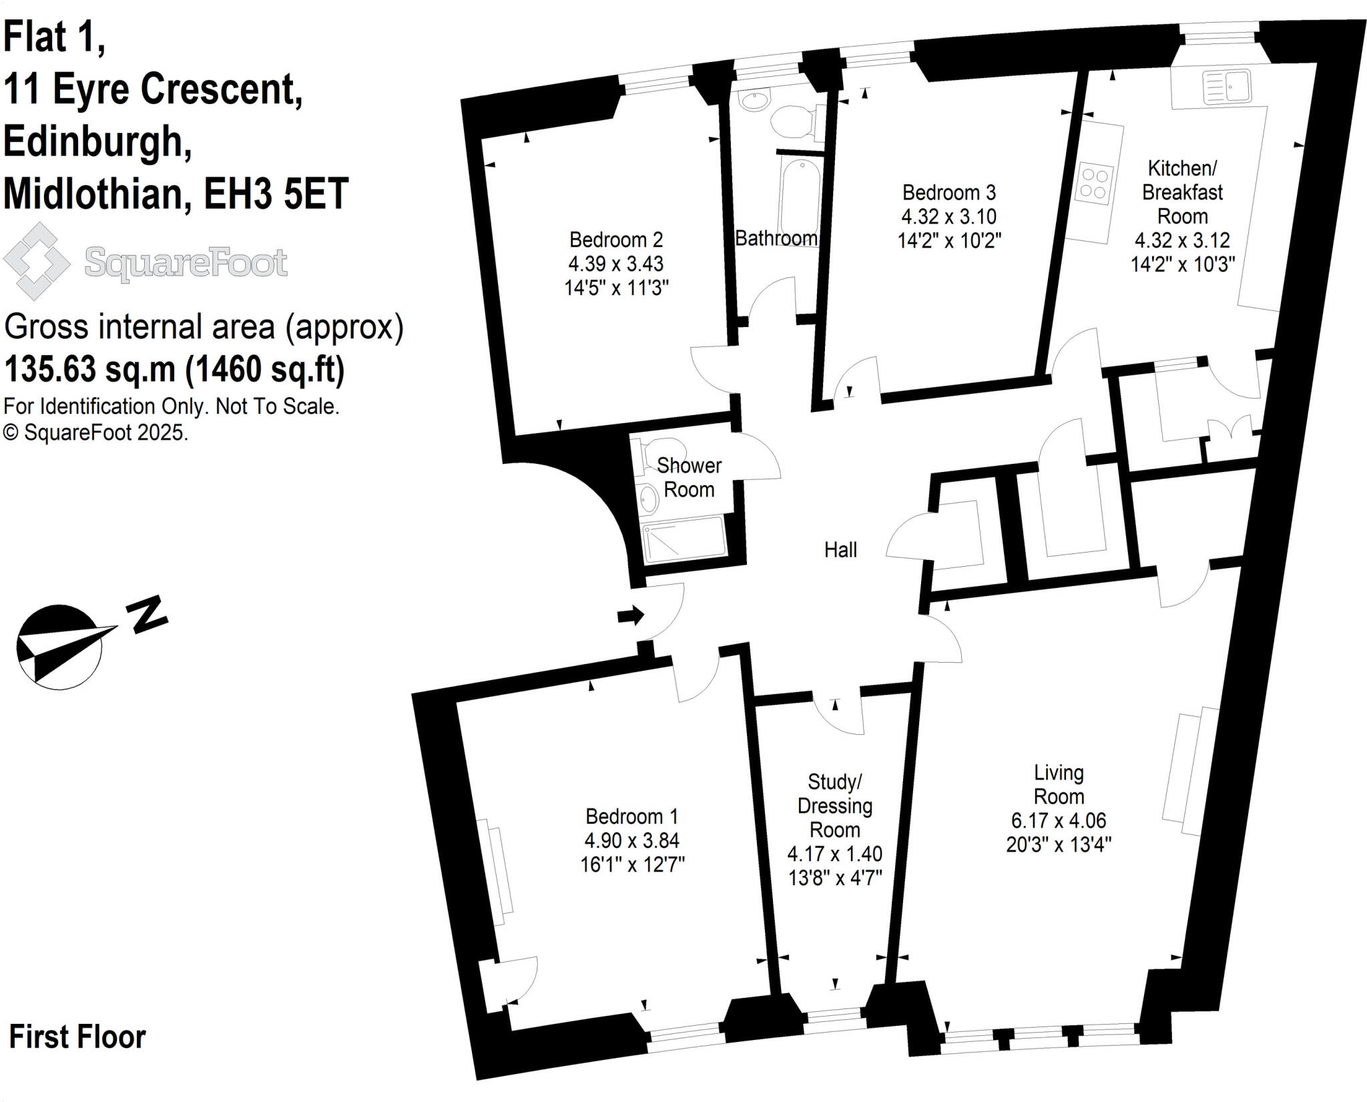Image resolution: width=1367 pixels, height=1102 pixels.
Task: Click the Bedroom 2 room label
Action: pos(615,239)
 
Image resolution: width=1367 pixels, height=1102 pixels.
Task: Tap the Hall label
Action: pos(840,549)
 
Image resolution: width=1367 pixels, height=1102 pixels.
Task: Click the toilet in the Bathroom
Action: pos(794,122)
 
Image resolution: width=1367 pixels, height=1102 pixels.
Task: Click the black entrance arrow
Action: pos(630,615)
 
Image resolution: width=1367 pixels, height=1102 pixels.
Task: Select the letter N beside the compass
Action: pos(148,613)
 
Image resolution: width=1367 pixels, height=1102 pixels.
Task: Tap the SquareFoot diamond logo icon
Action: pos(37,261)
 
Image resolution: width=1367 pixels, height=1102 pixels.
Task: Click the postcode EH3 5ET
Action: pos(276,194)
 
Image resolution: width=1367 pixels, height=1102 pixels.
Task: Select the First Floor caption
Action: pos(77,1037)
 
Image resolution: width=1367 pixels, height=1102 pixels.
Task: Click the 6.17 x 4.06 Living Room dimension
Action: pos(1059,820)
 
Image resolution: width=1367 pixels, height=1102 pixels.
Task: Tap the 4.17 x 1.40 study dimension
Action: pos(834,853)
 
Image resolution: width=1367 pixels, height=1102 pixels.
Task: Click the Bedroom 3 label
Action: pos(948,192)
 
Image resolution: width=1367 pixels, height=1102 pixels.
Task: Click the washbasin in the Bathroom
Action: pos(754,101)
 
